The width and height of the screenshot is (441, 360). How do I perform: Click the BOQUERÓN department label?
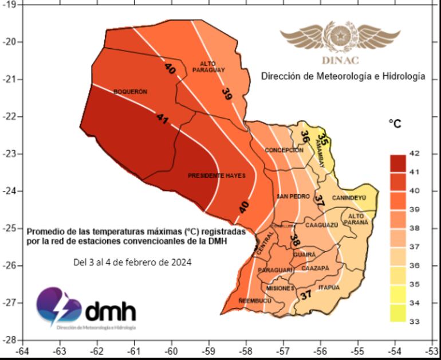coord(131,92)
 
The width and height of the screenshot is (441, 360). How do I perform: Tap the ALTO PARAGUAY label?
coord(208,66)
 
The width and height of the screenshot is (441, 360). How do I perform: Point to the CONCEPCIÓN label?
coord(283,150)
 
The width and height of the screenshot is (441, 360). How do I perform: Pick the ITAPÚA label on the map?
coord(329,287)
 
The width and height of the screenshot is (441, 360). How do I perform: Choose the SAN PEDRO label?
coord(293,197)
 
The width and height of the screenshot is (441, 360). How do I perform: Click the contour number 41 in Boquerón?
coord(162,119)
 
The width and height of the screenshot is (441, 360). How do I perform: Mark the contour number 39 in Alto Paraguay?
coord(227,95)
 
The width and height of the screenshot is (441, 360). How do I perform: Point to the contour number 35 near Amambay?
coord(323,139)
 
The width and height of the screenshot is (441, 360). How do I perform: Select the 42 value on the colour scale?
coord(415,154)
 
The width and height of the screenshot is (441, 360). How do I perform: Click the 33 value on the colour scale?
coord(415,322)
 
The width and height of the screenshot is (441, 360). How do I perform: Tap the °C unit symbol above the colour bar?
coord(395,124)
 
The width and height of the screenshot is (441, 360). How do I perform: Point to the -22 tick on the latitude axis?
coord(11,116)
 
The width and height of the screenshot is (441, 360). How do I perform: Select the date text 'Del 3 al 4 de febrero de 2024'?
coord(132,262)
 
